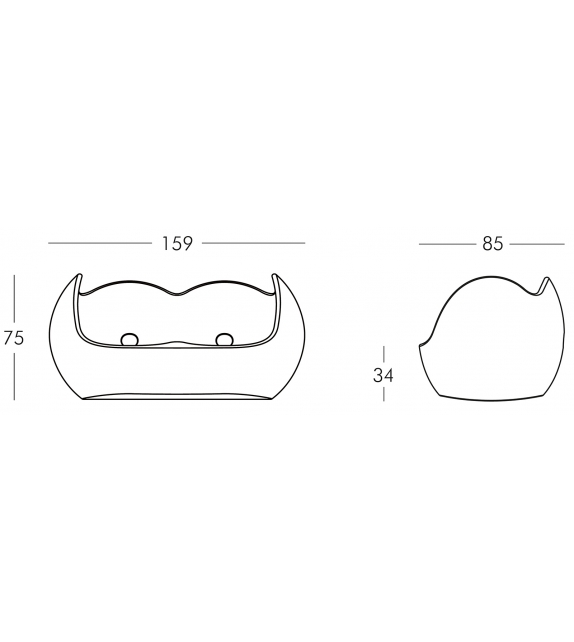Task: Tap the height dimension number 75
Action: tap(14, 338)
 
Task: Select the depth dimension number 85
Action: tap(492, 243)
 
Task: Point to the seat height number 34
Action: tap(384, 376)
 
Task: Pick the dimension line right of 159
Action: tap(253, 243)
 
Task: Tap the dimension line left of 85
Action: tap(446, 243)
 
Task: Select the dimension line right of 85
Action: tap(536, 243)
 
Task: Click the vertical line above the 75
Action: tap(14, 299)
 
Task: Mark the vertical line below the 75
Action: tap(14, 376)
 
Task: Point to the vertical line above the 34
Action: tap(384, 354)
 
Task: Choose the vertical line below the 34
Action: tap(384, 394)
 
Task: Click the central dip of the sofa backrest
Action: tap(176, 291)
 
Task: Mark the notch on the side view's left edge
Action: tap(421, 345)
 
